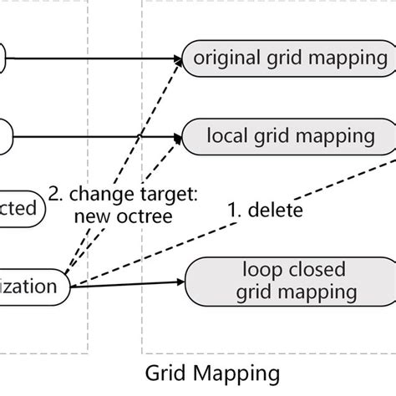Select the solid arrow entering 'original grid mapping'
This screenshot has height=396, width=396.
[x=100, y=58]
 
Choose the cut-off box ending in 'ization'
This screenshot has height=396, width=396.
[x=33, y=287]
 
